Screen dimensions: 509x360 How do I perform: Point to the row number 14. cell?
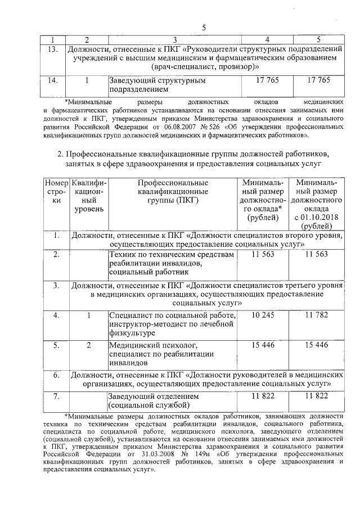coord(53,80)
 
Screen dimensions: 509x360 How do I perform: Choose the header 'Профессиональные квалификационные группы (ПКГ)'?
coord(173,191)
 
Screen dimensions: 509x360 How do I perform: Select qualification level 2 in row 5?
coord(88,345)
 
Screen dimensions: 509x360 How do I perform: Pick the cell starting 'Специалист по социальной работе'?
coord(172,323)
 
